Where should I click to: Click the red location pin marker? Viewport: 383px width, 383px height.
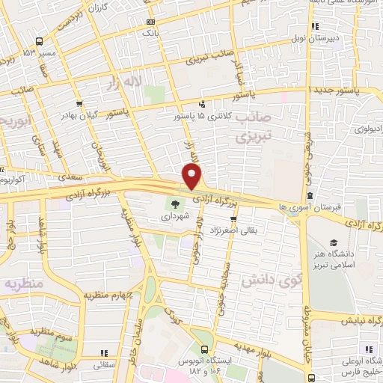pyautogui.click(x=193, y=177)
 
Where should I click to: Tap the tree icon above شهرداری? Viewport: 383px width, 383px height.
pyautogui.click(x=175, y=203)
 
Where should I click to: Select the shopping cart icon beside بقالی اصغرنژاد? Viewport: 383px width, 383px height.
pyautogui.click(x=235, y=220)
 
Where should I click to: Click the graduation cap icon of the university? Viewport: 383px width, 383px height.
pyautogui.click(x=333, y=243)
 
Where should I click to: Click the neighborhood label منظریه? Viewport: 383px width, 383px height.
pyautogui.click(x=20, y=285)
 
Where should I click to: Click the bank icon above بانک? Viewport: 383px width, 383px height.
pyautogui.click(x=150, y=22)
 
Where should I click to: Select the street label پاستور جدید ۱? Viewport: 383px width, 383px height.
pyautogui.click(x=345, y=91)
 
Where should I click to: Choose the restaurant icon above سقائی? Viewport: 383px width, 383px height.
pyautogui.click(x=104, y=352)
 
